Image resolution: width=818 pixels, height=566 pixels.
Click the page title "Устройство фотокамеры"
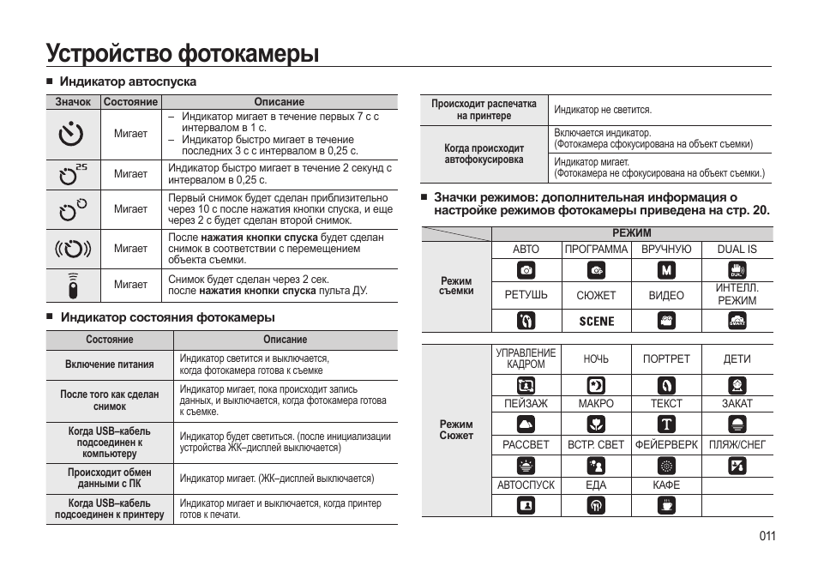coord(183,53)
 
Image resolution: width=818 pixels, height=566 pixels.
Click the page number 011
coord(767,536)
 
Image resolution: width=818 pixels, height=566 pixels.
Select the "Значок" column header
coord(73,101)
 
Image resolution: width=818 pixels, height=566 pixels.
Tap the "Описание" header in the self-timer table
coord(279,101)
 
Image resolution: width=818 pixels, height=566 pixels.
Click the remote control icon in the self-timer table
coord(73,285)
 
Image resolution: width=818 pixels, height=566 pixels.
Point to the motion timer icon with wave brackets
coord(73,249)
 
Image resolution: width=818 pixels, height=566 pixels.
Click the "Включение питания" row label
coord(110,364)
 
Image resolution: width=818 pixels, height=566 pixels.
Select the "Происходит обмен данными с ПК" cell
coord(110,479)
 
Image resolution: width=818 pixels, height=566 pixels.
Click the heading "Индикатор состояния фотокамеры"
coord(167,317)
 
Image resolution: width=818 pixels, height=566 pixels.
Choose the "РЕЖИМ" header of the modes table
coord(632,233)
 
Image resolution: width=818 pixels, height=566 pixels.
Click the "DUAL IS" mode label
coord(737,250)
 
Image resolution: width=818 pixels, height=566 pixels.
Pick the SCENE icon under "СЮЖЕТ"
coord(597,321)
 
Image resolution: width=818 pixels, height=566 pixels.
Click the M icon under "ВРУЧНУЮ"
coord(666,271)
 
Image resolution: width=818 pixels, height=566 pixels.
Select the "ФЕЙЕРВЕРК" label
coord(666,445)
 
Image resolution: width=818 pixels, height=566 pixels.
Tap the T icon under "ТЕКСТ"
coord(666,424)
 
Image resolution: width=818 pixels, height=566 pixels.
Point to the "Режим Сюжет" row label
coord(456,430)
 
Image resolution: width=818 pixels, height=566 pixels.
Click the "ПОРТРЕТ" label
coord(666,359)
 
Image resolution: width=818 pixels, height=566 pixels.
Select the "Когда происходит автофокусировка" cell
coord(484,154)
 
